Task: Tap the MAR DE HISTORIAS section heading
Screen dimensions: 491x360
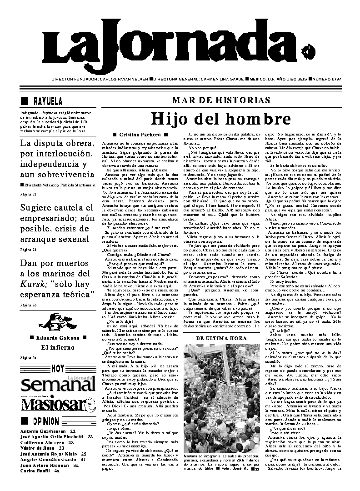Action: pos(221,100)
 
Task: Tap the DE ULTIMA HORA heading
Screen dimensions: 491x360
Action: pos(221,339)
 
